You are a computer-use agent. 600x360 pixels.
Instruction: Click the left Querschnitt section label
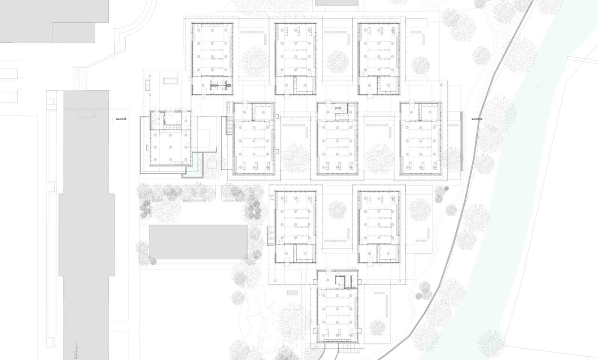coord(120,119)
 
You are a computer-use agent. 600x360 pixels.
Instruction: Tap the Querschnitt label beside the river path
coord(477,119)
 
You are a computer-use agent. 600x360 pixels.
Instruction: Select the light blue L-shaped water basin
coord(194,166)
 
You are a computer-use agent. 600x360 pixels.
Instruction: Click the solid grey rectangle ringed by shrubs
coord(198,242)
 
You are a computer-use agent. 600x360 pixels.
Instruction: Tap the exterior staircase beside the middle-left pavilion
coord(229,126)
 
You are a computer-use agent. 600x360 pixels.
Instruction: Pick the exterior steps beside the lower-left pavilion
coord(270,236)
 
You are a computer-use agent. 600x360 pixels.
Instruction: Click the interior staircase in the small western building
coord(169,127)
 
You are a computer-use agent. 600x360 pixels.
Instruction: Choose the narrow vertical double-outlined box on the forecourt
coord(148,85)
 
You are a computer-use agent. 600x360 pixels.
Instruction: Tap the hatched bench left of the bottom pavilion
coord(292,292)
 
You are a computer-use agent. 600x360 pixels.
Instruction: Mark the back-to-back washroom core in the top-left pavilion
coord(221,85)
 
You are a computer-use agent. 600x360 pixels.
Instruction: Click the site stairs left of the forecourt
coord(79,79)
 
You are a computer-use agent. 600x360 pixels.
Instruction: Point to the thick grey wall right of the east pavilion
coord(461,142)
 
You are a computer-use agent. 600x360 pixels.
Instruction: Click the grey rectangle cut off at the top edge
coord(337,3)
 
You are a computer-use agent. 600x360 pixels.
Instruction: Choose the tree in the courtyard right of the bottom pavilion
coord(377,327)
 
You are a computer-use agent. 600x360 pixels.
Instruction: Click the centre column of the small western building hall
coord(171,147)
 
